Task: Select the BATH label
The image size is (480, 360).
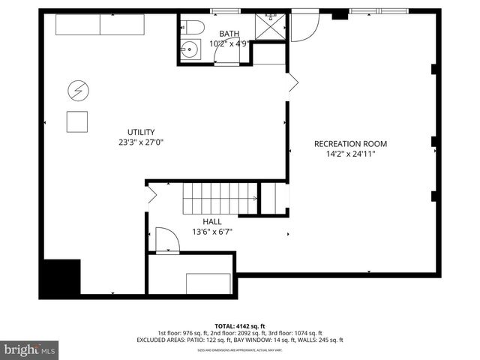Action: (229, 34)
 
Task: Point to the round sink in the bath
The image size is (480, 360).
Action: (190, 51)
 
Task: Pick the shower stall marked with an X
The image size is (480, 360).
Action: (267, 27)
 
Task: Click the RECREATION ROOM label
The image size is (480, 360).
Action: (351, 144)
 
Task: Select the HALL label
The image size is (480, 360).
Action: (212, 222)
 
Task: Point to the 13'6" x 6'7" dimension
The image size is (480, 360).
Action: (212, 232)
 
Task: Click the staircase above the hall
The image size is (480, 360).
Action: (220, 199)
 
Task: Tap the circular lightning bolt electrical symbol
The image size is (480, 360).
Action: (77, 91)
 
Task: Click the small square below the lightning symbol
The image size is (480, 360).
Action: (77, 121)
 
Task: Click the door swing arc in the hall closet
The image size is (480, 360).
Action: (168, 240)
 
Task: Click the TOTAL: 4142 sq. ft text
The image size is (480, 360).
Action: (239, 325)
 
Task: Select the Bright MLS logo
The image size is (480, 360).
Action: (30, 349)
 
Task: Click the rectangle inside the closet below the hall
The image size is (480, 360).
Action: (208, 283)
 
